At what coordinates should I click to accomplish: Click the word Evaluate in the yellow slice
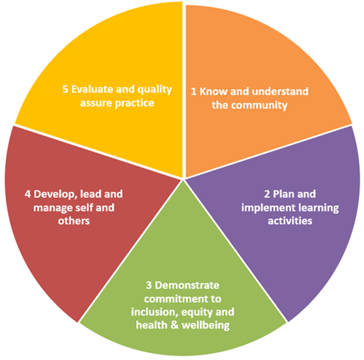point(92,89)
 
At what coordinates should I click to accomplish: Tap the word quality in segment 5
point(155,90)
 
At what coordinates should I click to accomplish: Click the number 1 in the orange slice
point(193,91)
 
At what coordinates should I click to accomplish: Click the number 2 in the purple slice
point(267,194)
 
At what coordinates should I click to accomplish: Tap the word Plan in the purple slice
point(283,194)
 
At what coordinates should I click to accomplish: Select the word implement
point(268,209)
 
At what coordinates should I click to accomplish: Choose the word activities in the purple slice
point(290,221)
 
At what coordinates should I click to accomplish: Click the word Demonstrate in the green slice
point(187,285)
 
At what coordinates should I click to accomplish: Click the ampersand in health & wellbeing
point(174,326)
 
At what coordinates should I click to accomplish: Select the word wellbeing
point(206,326)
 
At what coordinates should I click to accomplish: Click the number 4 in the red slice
point(28,194)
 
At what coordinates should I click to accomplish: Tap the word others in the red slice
point(74,221)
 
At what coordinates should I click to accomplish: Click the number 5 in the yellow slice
point(65,89)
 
